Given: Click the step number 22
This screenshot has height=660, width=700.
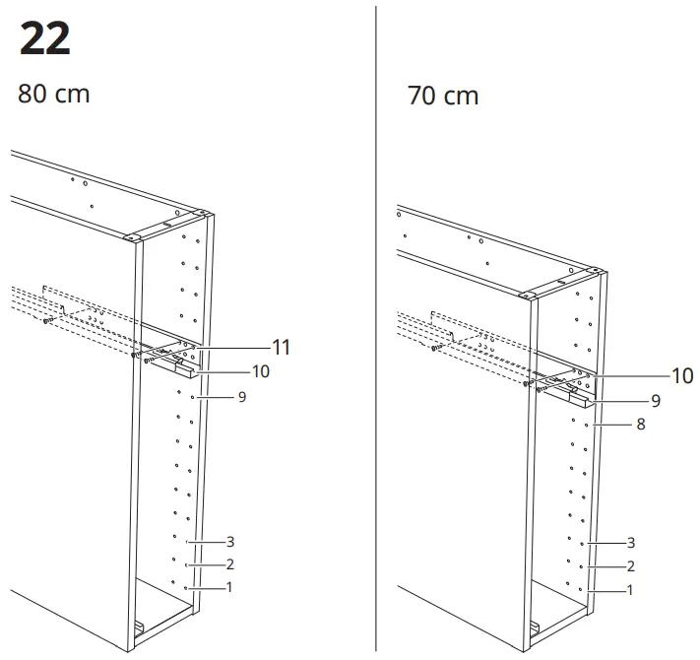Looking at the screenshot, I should point(45,39).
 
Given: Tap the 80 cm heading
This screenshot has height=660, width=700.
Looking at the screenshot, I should point(53,95).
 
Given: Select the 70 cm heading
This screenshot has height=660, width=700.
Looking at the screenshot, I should point(443,97).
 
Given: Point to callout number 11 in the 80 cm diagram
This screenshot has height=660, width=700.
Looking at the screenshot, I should point(282,347).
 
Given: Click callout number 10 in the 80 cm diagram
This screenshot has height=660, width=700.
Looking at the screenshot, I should point(261,371).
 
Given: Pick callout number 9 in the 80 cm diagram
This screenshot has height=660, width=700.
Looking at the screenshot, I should point(241,397).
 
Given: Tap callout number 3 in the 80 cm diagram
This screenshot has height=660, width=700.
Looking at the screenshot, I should point(230,542).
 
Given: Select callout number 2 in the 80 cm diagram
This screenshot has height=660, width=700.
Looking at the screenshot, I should point(230,564).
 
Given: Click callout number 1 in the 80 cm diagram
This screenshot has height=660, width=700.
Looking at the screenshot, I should point(229,588).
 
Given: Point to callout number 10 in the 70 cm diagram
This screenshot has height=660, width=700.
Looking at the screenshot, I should point(682,375).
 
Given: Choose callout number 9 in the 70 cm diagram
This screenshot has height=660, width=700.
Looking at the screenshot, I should point(655,401).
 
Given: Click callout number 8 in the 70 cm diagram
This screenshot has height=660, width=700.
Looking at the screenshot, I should point(641,426).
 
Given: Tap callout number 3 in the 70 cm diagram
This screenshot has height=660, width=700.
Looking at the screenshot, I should point(631,543).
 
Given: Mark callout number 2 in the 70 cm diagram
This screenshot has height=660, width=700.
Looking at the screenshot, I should point(631,566).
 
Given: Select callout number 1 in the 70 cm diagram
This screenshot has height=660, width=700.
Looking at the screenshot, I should point(631,590).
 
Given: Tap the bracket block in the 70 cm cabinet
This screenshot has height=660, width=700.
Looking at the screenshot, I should point(581,396).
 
